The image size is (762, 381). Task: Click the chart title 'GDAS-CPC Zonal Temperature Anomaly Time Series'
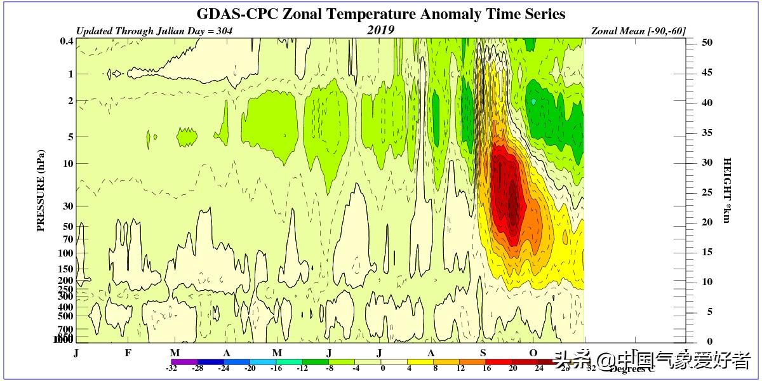point(380,13)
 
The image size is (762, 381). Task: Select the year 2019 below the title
point(380,30)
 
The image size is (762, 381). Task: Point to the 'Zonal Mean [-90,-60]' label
point(638,30)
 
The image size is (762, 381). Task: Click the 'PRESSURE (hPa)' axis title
point(41,190)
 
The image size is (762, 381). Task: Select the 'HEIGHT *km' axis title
point(727,190)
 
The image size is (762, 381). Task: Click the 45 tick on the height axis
point(707,72)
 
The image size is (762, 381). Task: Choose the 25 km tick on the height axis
point(707,192)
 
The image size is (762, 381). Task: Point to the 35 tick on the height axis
point(707,132)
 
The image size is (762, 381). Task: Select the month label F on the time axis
point(128,353)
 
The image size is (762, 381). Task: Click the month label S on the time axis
point(483,353)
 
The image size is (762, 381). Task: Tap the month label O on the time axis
point(533,353)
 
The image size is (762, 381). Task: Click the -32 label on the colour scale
point(171,368)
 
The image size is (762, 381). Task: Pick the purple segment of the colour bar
point(185,361)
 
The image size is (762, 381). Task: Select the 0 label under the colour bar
point(382,368)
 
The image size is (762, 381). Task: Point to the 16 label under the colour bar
point(487,368)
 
